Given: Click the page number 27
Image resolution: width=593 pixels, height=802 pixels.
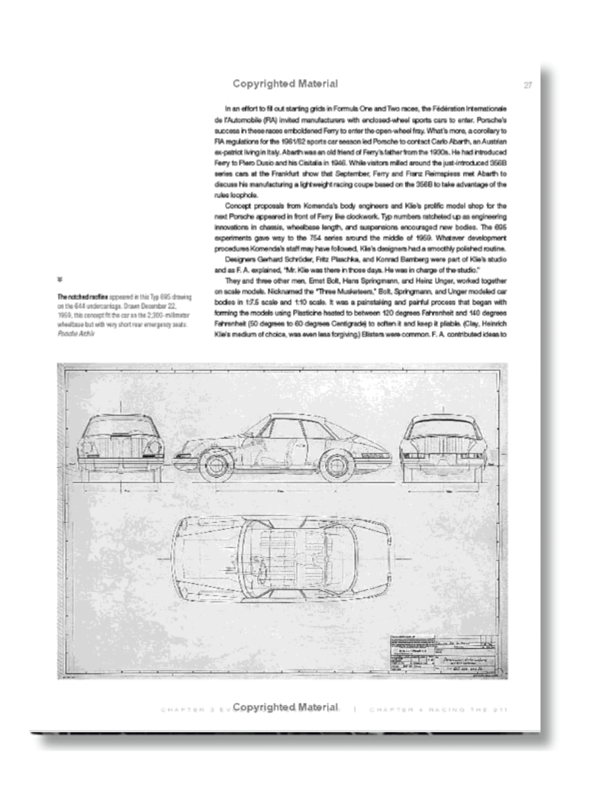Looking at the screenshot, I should pyautogui.click(x=528, y=85).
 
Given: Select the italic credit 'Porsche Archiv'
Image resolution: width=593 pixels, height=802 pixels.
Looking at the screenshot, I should pyautogui.click(x=76, y=334).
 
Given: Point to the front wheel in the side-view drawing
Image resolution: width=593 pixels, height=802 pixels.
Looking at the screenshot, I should pyautogui.click(x=214, y=465).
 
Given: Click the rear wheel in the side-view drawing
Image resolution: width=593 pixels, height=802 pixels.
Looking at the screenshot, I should pyautogui.click(x=336, y=465).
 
